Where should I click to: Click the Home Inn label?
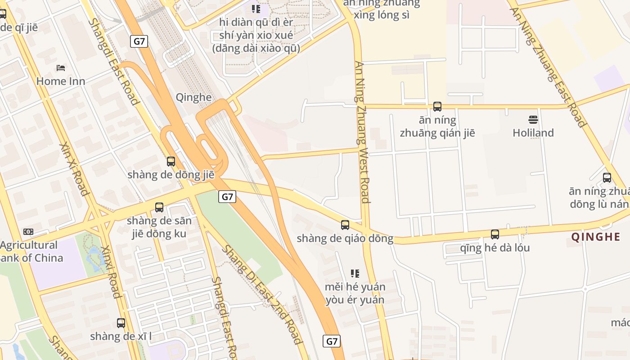(61, 81)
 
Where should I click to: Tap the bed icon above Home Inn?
(61, 68)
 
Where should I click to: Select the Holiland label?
(533, 133)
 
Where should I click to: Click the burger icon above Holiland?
(533, 120)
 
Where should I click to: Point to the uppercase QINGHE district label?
(596, 237)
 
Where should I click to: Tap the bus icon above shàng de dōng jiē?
(171, 162)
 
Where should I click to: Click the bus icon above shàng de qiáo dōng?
(345, 225)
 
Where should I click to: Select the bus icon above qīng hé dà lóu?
(495, 234)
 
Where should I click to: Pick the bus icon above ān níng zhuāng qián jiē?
(437, 107)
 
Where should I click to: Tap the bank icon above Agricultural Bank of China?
(28, 232)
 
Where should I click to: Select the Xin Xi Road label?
(74, 169)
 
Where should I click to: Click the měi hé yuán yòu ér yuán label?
(355, 293)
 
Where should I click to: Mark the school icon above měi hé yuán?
(355, 273)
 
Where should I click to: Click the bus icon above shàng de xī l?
(121, 323)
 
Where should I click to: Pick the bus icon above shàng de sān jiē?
(159, 207)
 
